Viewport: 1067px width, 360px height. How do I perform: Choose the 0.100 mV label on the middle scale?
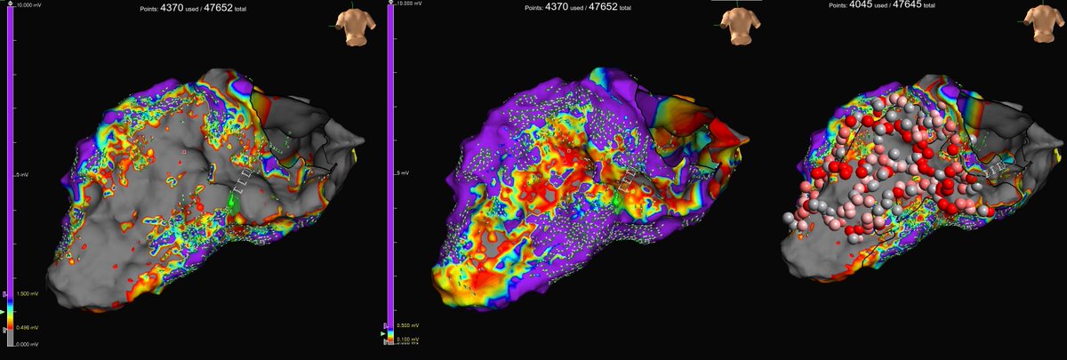[x=405, y=340]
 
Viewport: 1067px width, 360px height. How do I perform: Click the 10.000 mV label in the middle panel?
[x=409, y=5]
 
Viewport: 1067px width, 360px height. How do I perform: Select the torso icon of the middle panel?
[x=734, y=24]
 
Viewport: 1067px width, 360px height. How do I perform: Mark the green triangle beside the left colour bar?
[x=11, y=328]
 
